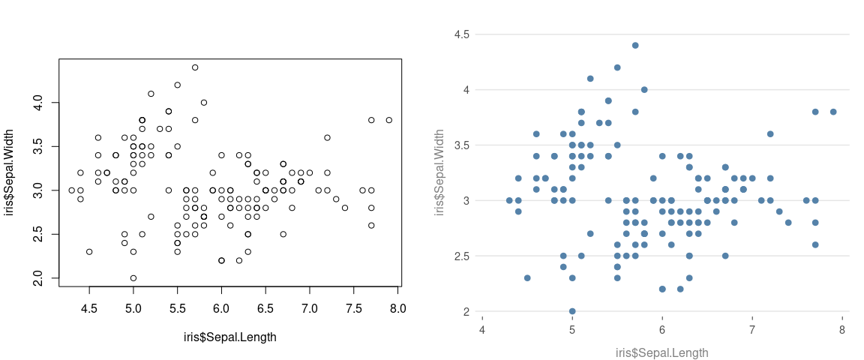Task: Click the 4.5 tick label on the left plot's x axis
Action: (89, 308)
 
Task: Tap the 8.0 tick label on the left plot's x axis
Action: (397, 308)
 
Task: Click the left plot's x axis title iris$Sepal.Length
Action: (229, 337)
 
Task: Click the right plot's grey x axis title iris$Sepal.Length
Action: (661, 352)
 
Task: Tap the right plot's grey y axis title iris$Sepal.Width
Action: (440, 172)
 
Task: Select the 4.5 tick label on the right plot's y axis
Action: (461, 34)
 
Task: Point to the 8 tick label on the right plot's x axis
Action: (842, 330)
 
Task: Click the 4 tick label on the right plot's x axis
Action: (482, 330)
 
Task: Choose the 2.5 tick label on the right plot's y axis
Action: (461, 256)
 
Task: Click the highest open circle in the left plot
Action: (195, 67)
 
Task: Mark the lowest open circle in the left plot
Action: (133, 278)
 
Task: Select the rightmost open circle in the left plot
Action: (388, 120)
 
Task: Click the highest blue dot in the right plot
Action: (635, 45)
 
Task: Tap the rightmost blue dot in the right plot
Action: (833, 112)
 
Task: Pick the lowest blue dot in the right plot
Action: (572, 311)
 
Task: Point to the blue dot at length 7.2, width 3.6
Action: (770, 134)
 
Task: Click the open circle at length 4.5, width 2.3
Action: (89, 252)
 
